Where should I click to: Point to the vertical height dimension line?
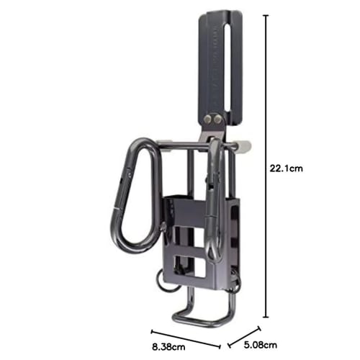[267, 166]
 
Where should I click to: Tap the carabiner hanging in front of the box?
[212, 209]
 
